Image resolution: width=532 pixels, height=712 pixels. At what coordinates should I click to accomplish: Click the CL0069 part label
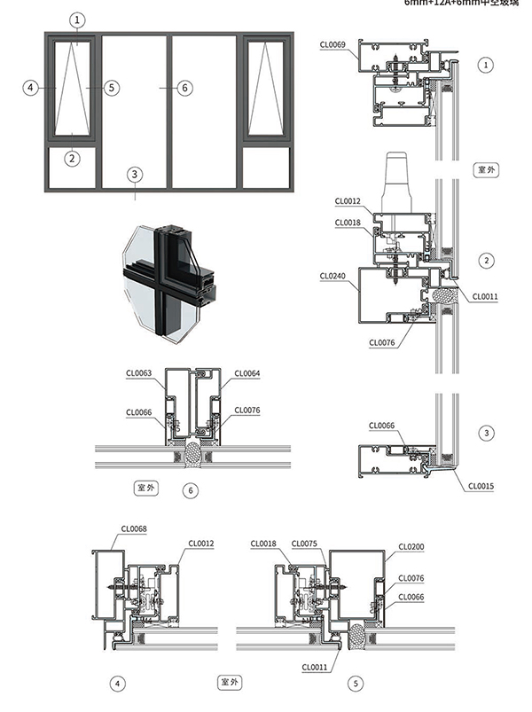[x=332, y=43]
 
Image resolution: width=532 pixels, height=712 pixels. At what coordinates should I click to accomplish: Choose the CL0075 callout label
[x=303, y=544]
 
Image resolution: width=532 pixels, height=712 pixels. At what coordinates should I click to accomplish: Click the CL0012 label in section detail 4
[x=201, y=544]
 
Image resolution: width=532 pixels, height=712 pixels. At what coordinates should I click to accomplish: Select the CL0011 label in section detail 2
[x=485, y=296]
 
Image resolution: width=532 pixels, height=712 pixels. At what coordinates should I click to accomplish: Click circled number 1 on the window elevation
[x=77, y=19]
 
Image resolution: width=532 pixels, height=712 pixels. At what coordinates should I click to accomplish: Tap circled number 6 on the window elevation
[x=184, y=88]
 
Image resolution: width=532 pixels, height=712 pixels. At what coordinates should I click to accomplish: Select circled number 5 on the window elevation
[x=110, y=88]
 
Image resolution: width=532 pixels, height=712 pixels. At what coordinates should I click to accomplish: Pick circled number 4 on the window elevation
[x=32, y=88]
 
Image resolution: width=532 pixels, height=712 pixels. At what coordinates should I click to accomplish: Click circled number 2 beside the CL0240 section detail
[x=485, y=260]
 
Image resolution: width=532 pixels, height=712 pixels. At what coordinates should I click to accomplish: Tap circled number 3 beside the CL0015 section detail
[x=485, y=433]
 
